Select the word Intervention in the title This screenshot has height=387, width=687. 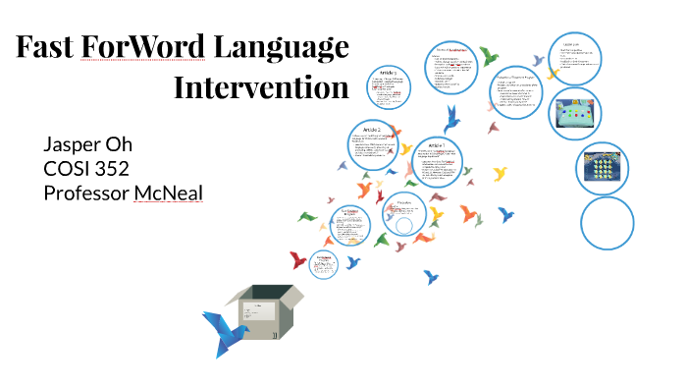click(261, 87)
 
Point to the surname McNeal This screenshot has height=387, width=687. click(169, 193)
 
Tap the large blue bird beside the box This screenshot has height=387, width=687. click(223, 333)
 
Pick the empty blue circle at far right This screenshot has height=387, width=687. click(608, 222)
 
